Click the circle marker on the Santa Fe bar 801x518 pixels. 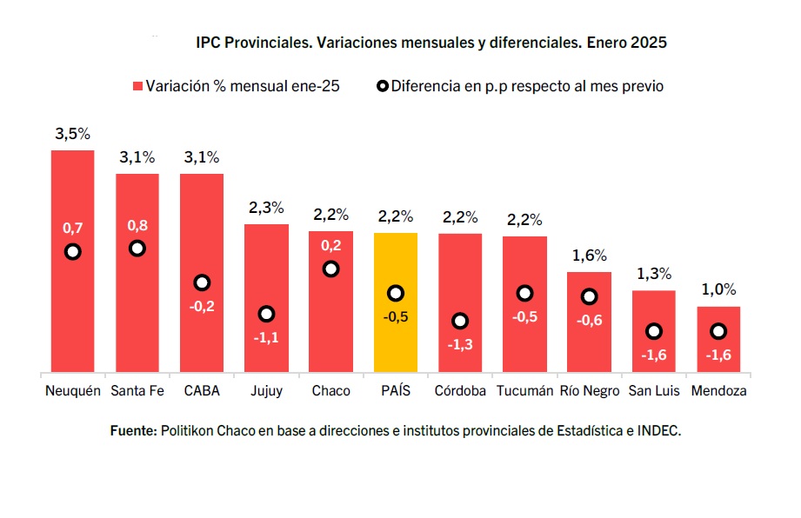pos(137,249)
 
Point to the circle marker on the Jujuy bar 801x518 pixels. pos(267,314)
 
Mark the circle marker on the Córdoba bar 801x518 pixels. pos(460,321)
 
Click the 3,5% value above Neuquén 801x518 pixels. pos(72,135)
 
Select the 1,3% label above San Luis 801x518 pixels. pos(653,274)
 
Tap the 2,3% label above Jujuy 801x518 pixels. pos(266,208)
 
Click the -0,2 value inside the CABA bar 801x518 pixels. pos(202,306)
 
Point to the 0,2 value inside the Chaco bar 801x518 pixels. pos(330,246)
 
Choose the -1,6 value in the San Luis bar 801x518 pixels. pos(653,355)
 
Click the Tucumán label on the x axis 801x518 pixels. pos(524,391)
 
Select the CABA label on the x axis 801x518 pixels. pos(202,391)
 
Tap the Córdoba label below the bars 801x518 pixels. pos(460,391)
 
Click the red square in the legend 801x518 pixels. pos(137,87)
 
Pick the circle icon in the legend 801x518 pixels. pos(382,87)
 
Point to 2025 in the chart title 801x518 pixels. pos(649,42)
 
